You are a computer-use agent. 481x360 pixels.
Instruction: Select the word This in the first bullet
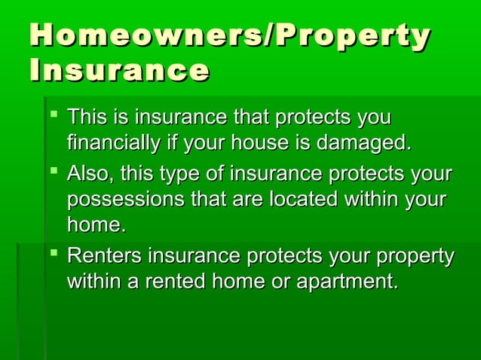click(x=86, y=118)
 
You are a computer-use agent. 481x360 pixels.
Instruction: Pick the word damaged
click(x=368, y=142)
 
